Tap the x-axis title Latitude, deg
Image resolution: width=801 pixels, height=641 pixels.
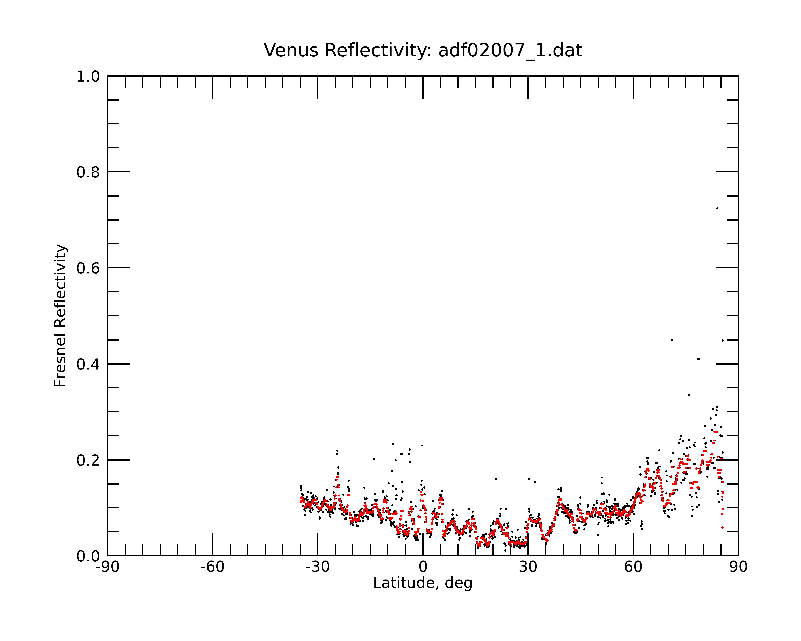(x=423, y=583)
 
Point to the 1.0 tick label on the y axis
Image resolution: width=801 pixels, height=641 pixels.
(x=88, y=77)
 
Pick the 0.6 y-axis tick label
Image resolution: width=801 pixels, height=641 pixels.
(x=88, y=268)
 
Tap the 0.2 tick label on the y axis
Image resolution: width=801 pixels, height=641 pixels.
(x=88, y=460)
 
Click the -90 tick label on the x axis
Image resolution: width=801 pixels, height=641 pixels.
(x=107, y=567)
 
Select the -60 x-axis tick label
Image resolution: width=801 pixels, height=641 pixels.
(x=212, y=567)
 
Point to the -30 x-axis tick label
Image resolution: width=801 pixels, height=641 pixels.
(x=318, y=567)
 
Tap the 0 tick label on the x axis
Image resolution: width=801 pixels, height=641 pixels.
(x=423, y=567)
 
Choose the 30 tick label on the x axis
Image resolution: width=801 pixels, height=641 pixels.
(x=528, y=567)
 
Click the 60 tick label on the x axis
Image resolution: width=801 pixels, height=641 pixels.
(x=633, y=567)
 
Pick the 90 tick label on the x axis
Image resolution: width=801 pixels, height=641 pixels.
(x=738, y=567)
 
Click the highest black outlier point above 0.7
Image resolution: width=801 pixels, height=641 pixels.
(x=717, y=208)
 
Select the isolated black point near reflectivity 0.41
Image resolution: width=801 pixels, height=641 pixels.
(x=698, y=359)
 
